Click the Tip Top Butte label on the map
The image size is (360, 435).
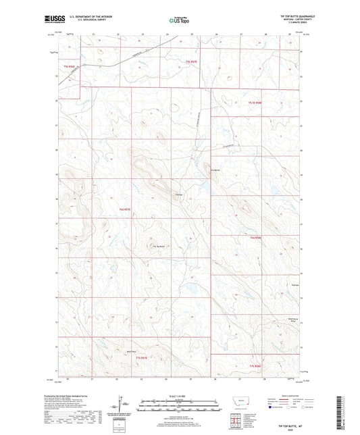click(159, 245)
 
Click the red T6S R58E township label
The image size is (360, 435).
click(255, 238)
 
